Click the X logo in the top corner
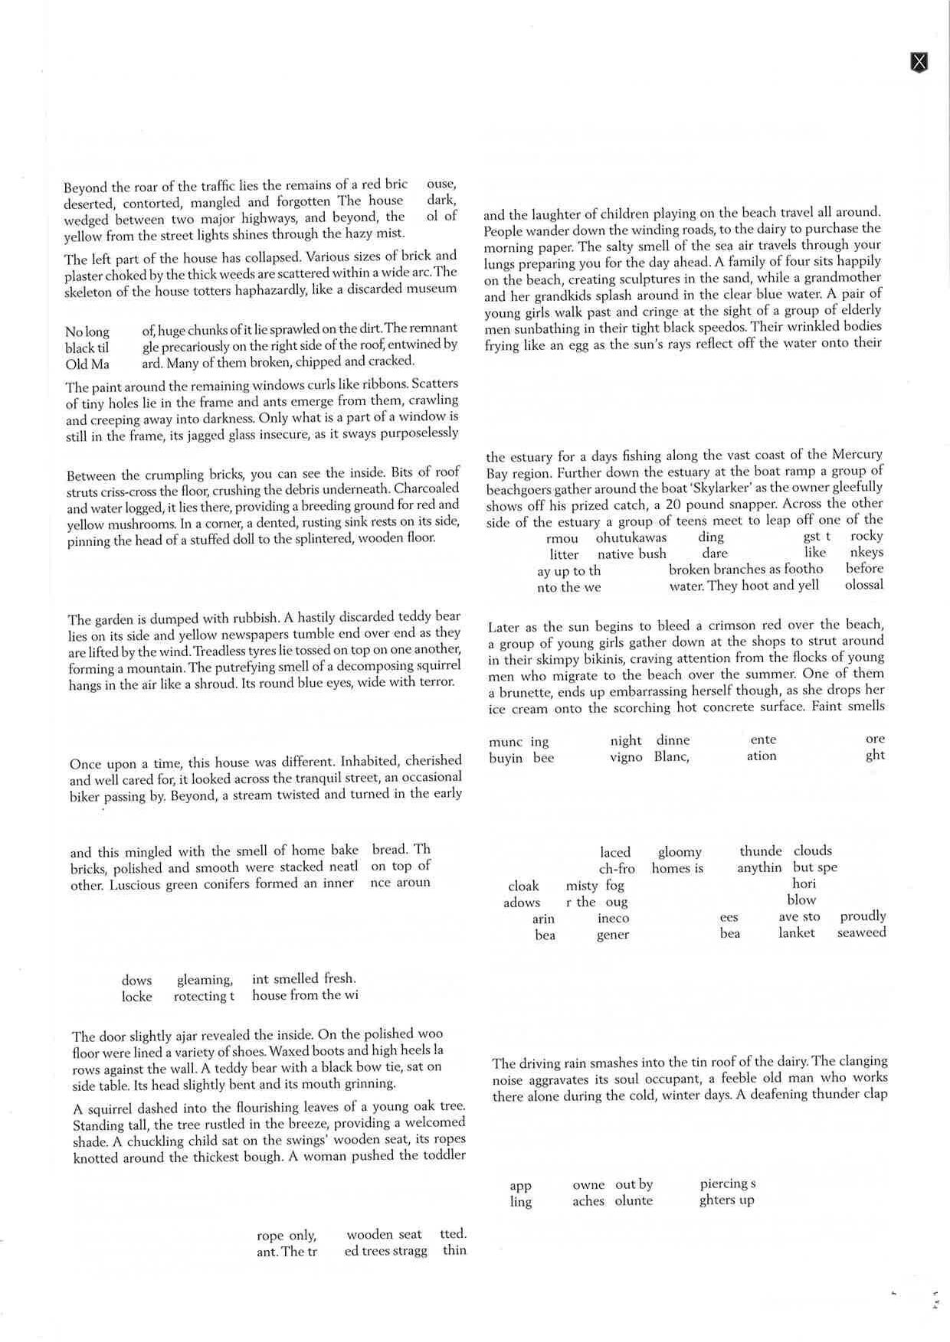click(919, 62)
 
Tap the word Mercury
click(855, 454)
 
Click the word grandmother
click(843, 277)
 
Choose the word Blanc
click(671, 756)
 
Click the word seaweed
click(861, 932)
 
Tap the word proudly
click(863, 916)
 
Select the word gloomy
click(680, 851)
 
